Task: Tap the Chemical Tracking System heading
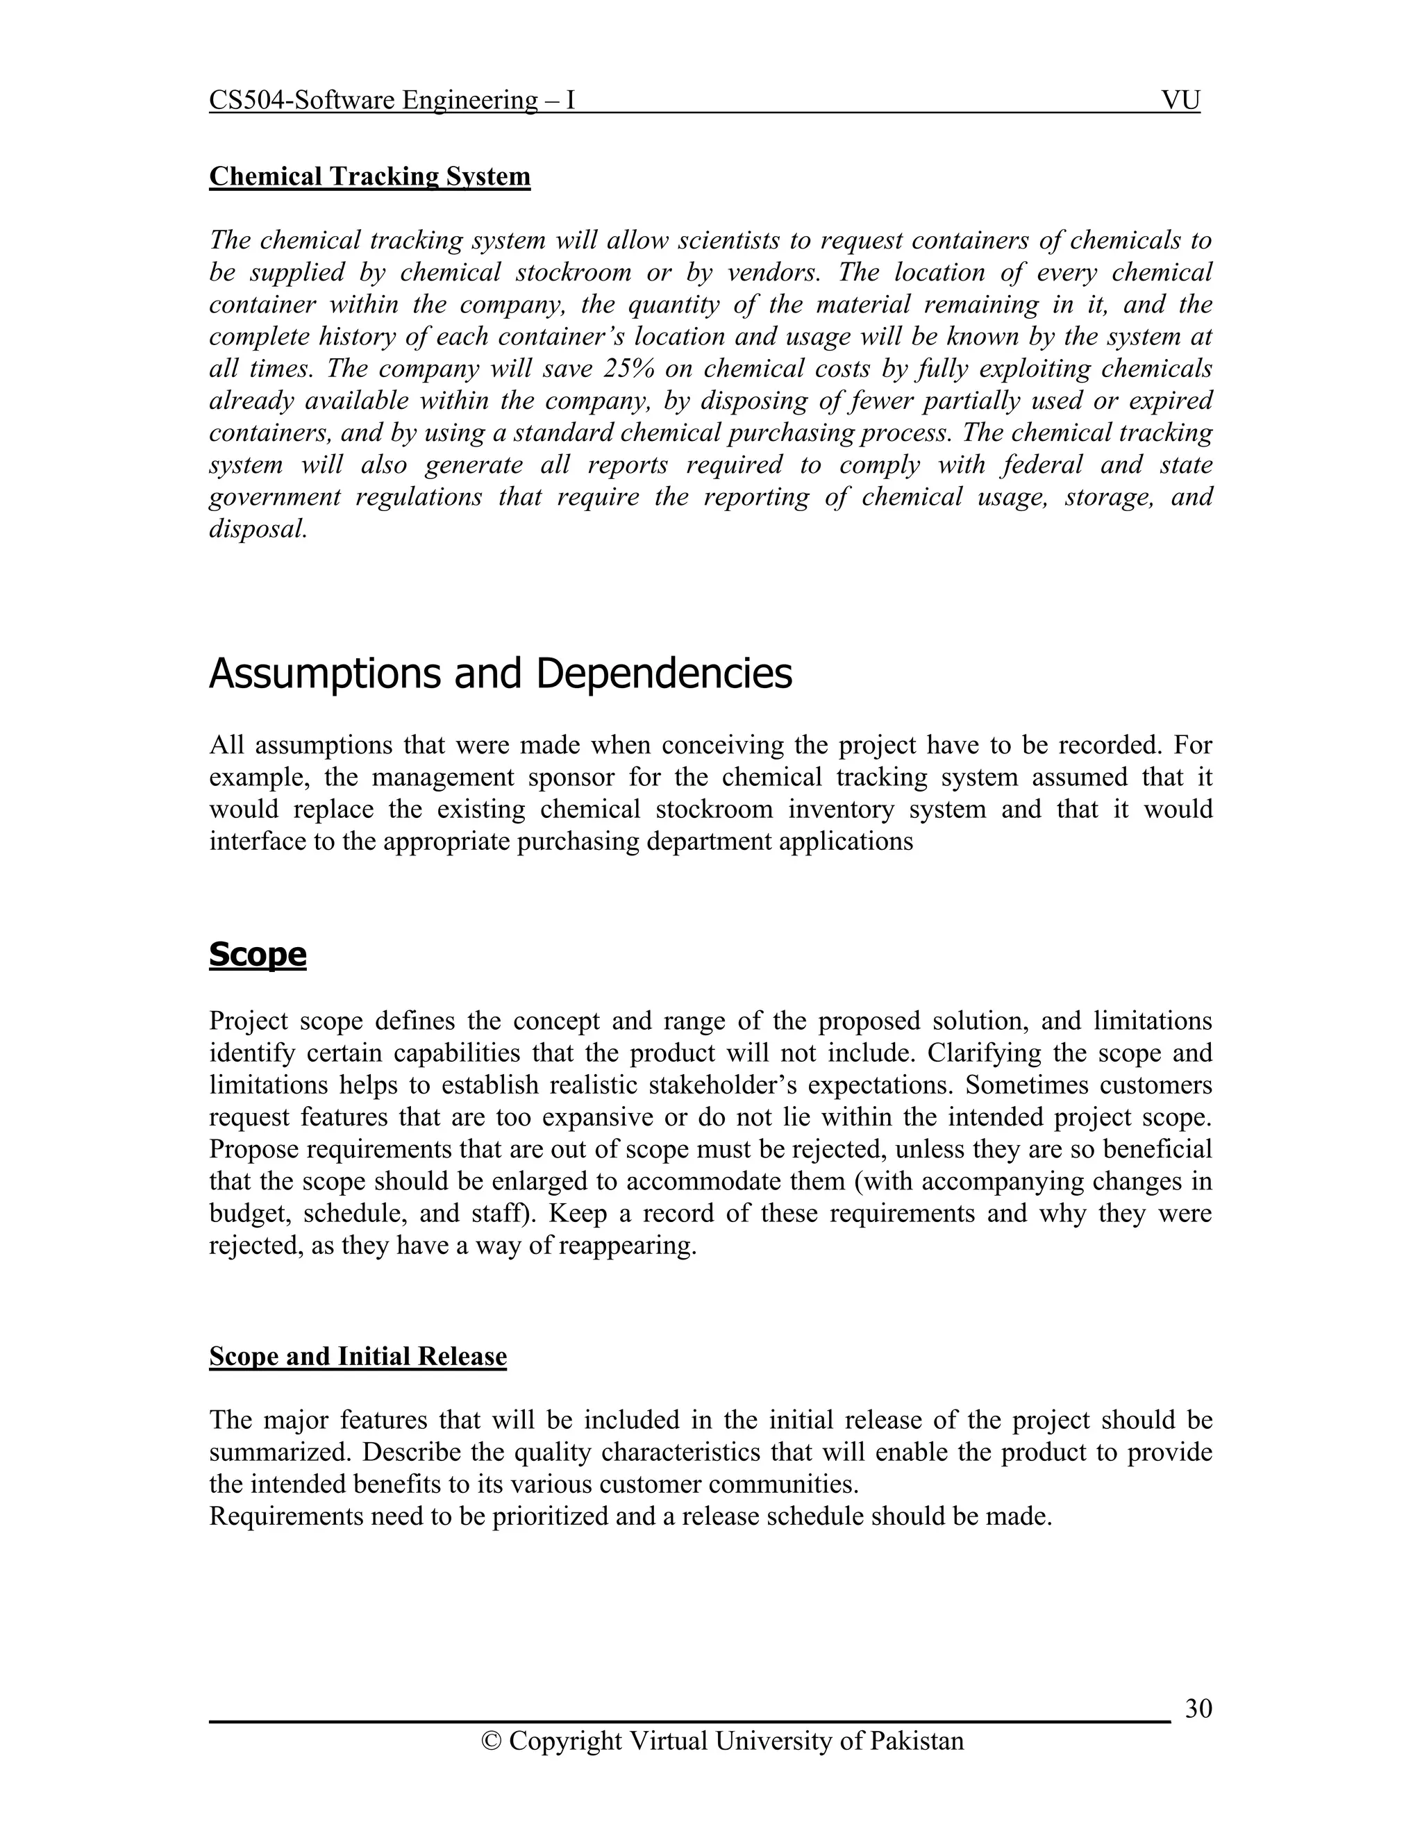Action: (x=370, y=176)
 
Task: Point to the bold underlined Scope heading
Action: (x=258, y=955)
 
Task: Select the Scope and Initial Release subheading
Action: (x=358, y=1357)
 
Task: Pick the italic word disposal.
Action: (x=257, y=529)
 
